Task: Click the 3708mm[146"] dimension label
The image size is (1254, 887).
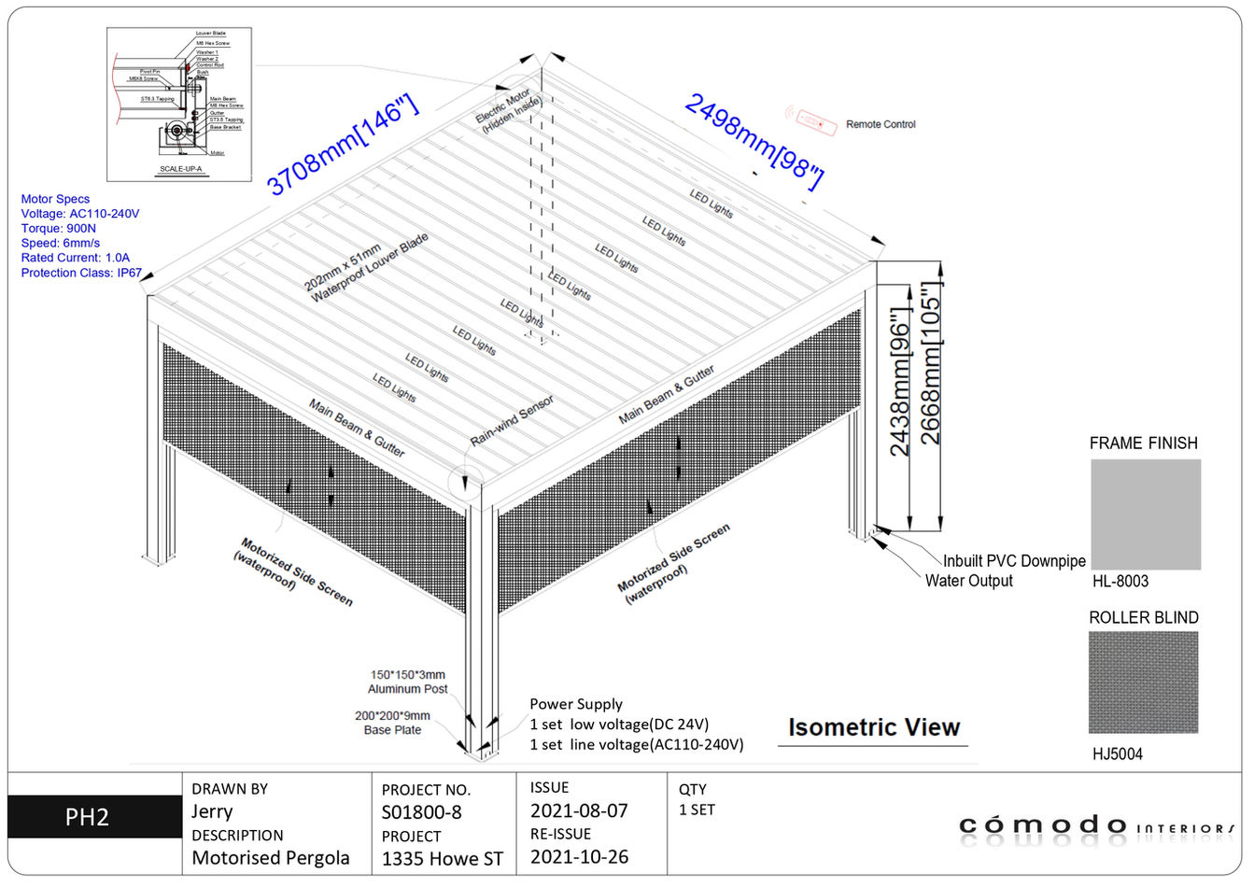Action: click(x=342, y=146)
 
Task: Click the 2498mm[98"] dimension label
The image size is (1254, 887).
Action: click(x=754, y=141)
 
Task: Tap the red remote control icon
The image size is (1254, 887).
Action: click(x=810, y=120)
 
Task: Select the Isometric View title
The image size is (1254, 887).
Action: click(x=873, y=727)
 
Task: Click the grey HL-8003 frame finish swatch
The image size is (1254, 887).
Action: click(x=1146, y=514)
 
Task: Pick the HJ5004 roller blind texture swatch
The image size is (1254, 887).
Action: click(x=1143, y=683)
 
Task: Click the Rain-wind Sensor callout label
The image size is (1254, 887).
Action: click(x=512, y=419)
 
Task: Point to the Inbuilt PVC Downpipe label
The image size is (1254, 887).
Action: click(x=1014, y=561)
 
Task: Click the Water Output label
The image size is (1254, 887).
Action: click(x=968, y=581)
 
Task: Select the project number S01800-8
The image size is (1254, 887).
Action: click(x=422, y=812)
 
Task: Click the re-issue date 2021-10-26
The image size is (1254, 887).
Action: click(x=579, y=856)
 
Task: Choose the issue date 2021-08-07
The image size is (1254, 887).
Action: click(x=579, y=810)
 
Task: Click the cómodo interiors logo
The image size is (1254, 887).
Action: click(x=1096, y=825)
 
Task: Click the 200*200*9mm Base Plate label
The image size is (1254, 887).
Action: click(x=392, y=723)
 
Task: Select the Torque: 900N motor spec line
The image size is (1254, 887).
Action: click(x=58, y=229)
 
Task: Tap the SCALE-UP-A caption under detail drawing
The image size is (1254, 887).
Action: click(x=180, y=169)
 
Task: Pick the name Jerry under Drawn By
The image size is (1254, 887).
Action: click(x=212, y=811)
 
